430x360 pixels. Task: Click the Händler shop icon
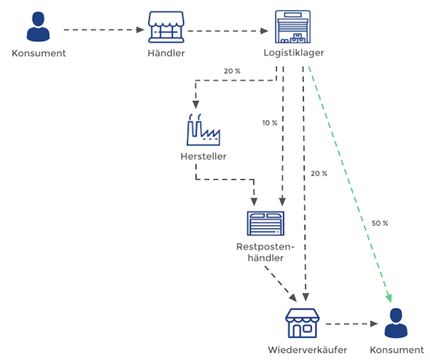(x=166, y=27)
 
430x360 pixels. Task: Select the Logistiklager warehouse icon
(x=293, y=27)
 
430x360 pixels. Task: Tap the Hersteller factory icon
(x=204, y=129)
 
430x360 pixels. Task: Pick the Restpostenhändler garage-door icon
(x=265, y=223)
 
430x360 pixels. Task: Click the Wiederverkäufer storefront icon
(x=302, y=323)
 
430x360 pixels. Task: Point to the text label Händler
(x=166, y=53)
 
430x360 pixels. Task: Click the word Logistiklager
(x=294, y=53)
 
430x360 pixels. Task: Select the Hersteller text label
(x=204, y=156)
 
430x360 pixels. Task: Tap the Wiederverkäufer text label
(x=308, y=350)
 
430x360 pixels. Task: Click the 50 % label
(x=380, y=223)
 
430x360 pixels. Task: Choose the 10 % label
(x=270, y=123)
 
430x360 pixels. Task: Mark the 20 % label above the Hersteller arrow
(x=232, y=71)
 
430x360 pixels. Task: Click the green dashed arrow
(x=350, y=185)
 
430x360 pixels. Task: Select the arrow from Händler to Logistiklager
(x=228, y=31)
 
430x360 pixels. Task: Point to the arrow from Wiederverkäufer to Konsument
(x=352, y=324)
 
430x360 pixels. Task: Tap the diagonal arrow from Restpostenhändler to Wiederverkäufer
(x=281, y=284)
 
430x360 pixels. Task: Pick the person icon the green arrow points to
(x=396, y=323)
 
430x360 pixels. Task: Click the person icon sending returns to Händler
(x=38, y=27)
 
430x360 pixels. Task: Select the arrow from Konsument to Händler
(x=104, y=30)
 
